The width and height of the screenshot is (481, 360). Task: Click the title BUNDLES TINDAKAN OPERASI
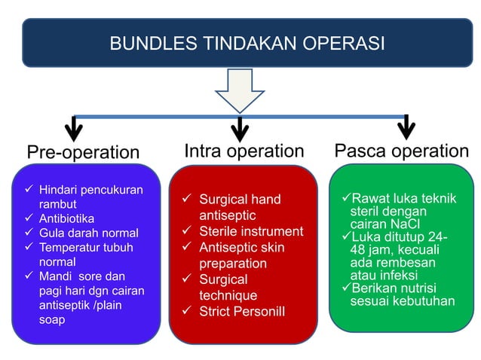[x=247, y=43]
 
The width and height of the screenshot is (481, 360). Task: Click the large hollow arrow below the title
[x=240, y=90]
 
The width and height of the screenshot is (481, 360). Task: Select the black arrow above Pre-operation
[x=74, y=128]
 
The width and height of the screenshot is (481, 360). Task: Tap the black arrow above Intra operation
[x=240, y=128]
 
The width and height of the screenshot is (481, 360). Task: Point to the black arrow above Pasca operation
[x=406, y=127]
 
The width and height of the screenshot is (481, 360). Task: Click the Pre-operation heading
[x=84, y=152]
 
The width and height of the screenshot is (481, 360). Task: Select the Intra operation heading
[x=244, y=151]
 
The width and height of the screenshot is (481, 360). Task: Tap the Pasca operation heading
[x=401, y=151]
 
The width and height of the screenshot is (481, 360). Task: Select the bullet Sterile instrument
[x=250, y=231]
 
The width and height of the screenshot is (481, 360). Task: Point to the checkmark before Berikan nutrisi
[x=347, y=288]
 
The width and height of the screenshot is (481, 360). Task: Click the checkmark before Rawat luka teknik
[x=347, y=198]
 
